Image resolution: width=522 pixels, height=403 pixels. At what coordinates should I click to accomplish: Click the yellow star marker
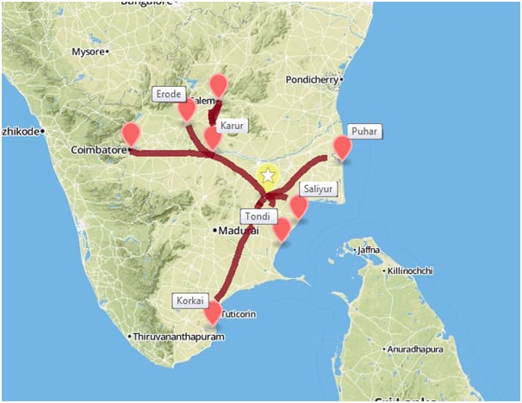268,176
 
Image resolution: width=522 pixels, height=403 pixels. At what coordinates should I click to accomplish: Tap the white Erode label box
168,93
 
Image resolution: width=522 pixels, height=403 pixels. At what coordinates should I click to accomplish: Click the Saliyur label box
317,189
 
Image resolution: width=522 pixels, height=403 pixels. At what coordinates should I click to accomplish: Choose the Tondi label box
257,215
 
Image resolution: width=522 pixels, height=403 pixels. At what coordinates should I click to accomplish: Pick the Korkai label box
190,301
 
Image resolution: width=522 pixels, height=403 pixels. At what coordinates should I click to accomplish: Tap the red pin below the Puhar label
343,147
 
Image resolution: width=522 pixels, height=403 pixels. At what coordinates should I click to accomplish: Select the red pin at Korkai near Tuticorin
212,313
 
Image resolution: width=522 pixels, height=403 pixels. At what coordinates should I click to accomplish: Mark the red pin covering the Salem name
219,85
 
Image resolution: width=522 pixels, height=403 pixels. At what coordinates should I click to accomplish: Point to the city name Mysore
88,52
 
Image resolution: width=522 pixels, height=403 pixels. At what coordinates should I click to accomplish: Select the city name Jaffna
367,251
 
